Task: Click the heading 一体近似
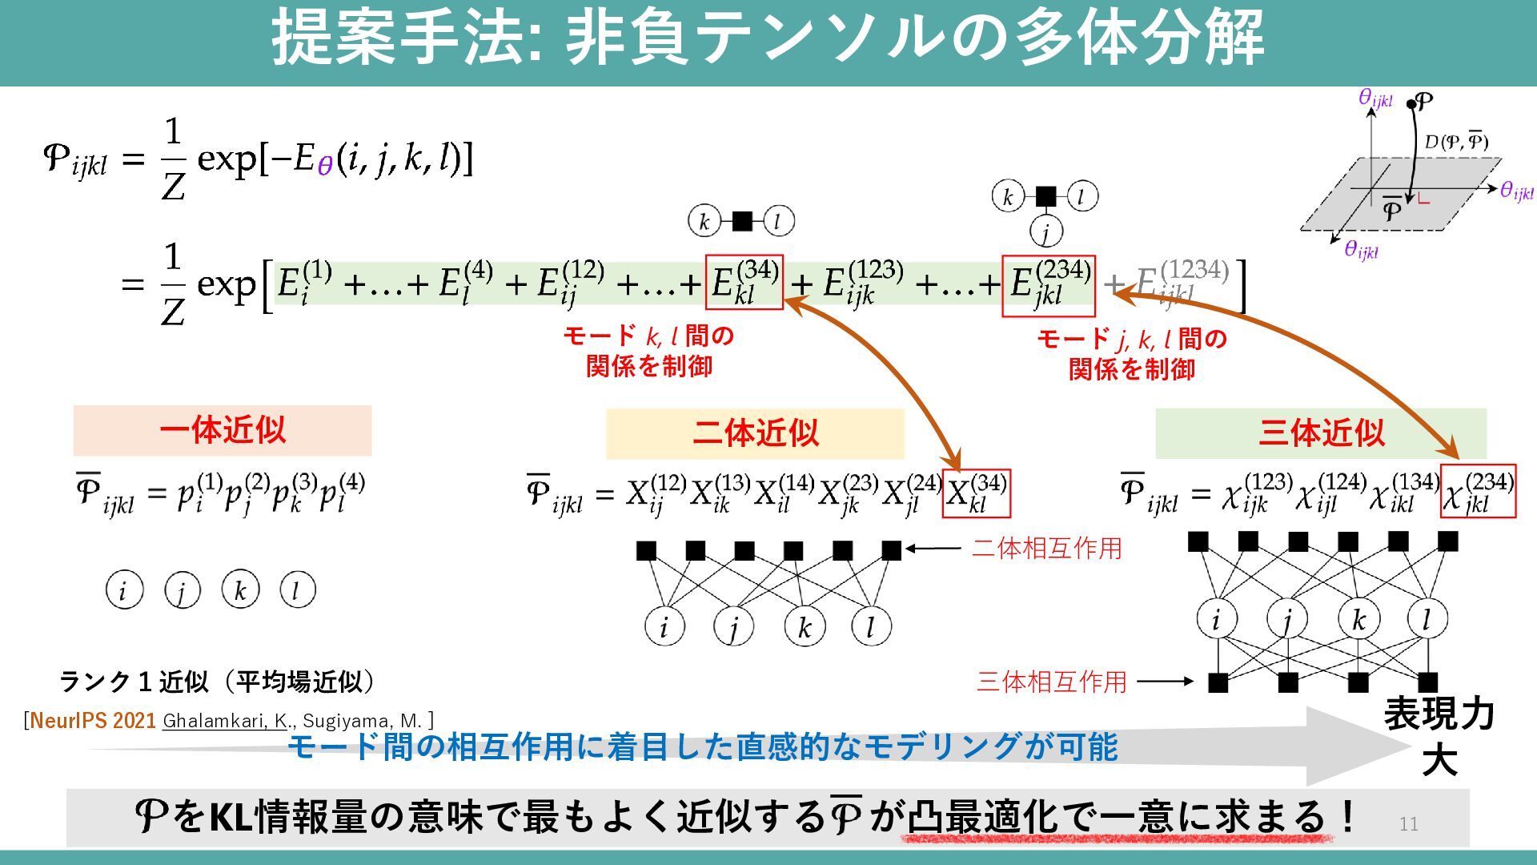coord(223,431)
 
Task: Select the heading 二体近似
coord(755,433)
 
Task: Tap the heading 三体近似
coord(1321,433)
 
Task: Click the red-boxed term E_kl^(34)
coord(744,283)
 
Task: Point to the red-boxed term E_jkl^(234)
coord(1048,286)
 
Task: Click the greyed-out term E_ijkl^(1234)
coord(1182,284)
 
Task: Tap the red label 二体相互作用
coord(1046,549)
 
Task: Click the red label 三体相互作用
coord(1051,682)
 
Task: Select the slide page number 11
coord(1408,824)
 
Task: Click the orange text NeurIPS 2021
coord(93,721)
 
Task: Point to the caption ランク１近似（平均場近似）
coord(217,682)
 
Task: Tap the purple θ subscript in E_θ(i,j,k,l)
coord(324,167)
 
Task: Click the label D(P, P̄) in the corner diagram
coord(1455,143)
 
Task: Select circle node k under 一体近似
coord(240,590)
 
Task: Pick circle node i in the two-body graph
coord(664,626)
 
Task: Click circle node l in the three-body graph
coord(1427,619)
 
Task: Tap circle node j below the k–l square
coord(1045,232)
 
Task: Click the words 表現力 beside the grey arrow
coord(1439,714)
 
